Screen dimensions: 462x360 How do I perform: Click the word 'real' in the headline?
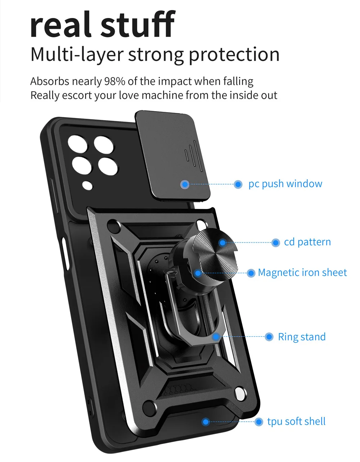pos(61,25)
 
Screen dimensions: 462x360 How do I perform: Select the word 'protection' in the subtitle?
pos(234,55)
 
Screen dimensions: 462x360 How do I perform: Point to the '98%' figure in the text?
pos(114,81)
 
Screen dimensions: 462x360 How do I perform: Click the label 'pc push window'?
pos(285,184)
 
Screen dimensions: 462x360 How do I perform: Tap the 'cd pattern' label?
pos(307,242)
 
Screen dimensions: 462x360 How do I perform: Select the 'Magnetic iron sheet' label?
pos(302,273)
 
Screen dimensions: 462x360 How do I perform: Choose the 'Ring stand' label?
pos(302,337)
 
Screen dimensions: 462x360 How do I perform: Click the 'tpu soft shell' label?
pos(296,422)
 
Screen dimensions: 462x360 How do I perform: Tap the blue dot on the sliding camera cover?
pos(185,185)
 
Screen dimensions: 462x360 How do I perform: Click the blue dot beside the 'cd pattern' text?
pos(275,243)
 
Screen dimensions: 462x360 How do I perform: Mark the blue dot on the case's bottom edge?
pos(206,422)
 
